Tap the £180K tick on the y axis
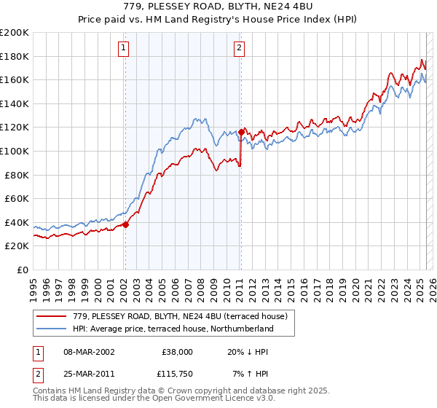(15, 56)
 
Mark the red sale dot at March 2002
(125, 224)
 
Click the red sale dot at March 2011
(241, 132)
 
